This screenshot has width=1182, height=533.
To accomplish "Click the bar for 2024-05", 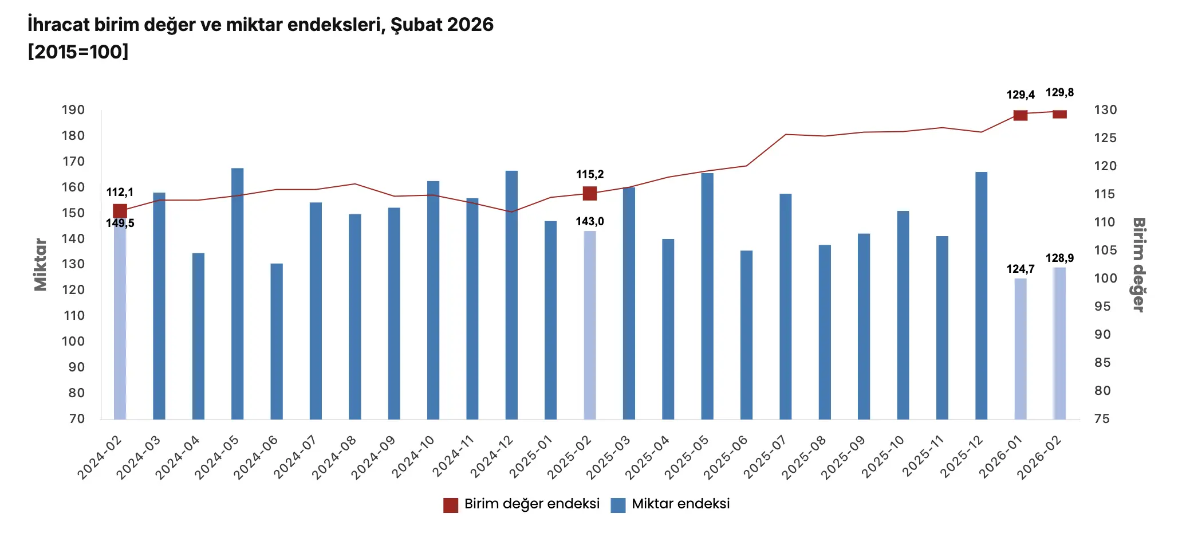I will click(x=237, y=293).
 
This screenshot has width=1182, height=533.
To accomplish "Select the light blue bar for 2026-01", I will click(x=1020, y=348).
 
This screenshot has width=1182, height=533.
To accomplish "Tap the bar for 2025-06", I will click(x=746, y=335).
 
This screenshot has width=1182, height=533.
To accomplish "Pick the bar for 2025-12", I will click(x=981, y=296).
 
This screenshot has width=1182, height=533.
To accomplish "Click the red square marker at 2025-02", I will click(x=590, y=194).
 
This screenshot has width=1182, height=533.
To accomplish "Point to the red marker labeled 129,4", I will click(x=1020, y=115).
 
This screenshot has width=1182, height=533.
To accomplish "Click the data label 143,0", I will click(x=590, y=222).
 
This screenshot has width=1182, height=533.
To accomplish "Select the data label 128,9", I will click(x=1059, y=258).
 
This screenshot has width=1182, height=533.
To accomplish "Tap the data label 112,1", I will click(x=120, y=193).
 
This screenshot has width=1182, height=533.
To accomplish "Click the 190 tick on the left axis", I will click(x=73, y=110).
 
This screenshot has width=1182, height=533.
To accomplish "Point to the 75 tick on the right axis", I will click(x=1102, y=419).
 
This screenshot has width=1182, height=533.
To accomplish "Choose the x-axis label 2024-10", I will click(x=414, y=456).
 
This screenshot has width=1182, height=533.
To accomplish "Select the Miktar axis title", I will click(x=41, y=265).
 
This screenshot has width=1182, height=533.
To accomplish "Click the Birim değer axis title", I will click(x=1138, y=265).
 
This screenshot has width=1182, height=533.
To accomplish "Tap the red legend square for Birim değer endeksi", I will click(x=451, y=505).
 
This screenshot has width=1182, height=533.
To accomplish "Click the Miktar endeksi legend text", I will click(x=680, y=504).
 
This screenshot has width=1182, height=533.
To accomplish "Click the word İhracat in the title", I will click(x=58, y=25).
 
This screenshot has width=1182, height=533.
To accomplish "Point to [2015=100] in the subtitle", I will click(x=78, y=52).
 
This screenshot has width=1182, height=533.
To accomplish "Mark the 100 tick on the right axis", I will click(x=1105, y=279).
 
